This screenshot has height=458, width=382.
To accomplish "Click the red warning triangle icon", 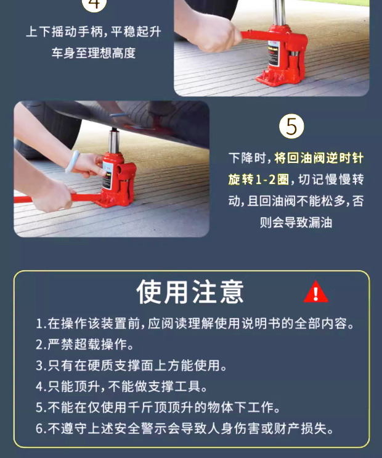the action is (316, 292).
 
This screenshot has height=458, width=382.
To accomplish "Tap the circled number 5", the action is (291, 126).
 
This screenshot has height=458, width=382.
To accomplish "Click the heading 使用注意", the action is (190, 291).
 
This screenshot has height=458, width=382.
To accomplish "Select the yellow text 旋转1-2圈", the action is (258, 180).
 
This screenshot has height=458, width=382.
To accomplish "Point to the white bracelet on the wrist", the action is (72, 161).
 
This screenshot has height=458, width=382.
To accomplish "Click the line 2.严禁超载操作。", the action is (84, 344).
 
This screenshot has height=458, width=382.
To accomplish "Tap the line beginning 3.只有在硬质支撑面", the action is (131, 365).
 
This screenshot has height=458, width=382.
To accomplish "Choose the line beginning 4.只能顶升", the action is (121, 386).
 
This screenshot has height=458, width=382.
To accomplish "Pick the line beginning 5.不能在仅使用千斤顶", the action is (158, 407).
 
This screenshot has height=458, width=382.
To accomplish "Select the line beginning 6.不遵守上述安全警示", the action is (185, 428).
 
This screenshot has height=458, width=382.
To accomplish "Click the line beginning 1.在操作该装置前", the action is (195, 323).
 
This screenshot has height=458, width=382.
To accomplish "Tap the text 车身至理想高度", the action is (94, 53).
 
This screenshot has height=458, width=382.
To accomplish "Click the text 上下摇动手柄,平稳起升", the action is (94, 31).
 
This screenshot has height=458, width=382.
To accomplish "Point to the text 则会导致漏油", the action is (296, 222).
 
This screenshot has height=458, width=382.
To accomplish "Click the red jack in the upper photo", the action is (277, 54).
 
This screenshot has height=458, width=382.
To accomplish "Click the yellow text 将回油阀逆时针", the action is (319, 158).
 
